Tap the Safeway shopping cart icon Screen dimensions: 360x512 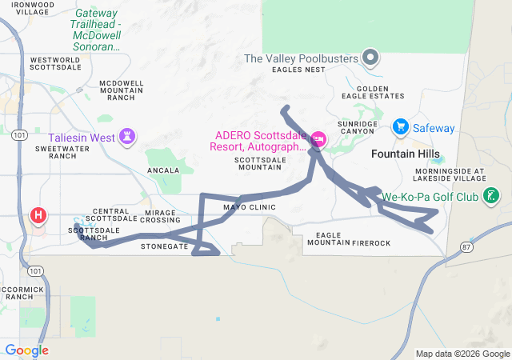pos(401,127)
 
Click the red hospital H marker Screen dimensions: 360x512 pos(38,215)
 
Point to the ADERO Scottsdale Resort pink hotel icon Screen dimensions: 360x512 pos(318,140)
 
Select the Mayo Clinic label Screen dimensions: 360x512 pos(249,207)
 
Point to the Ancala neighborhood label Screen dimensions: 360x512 pos(163,170)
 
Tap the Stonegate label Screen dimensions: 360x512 pos(164,246)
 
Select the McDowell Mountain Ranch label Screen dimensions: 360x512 pos(122,90)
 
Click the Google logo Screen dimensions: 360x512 pos(27,350)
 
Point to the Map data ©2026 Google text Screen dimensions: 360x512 pos(462,354)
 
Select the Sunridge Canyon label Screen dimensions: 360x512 pos(356,128)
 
